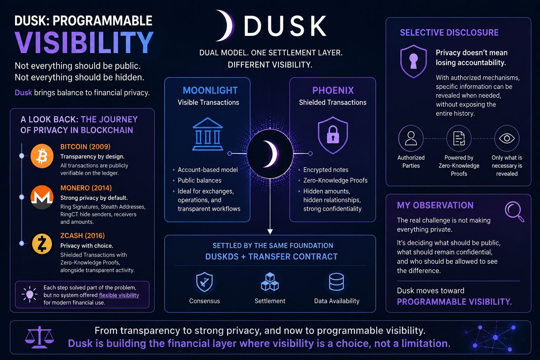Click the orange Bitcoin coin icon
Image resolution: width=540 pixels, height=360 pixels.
tap(42, 156)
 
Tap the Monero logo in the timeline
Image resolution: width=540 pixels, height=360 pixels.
tap(42, 197)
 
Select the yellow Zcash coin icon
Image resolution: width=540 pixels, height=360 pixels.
tap(42, 244)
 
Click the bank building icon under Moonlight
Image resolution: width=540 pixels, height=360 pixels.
tap(207, 134)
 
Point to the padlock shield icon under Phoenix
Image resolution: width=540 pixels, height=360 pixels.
tap(333, 135)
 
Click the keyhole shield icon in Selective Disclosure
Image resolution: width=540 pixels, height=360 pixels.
tap(413, 61)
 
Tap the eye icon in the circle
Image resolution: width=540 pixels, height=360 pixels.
tap(507, 138)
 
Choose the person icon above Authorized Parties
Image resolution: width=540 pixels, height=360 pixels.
tap(411, 138)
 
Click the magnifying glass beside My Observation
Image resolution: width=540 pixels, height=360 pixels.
tap(514, 212)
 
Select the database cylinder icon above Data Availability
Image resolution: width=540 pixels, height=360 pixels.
tap(336, 282)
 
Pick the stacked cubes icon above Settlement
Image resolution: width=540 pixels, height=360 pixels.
tap(270, 281)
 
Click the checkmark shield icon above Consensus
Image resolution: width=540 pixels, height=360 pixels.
tap(204, 282)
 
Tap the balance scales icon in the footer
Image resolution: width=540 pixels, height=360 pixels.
tap(39, 337)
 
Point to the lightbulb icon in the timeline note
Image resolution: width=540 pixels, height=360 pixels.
tap(30, 294)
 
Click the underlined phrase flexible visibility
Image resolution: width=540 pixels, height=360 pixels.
tap(119, 295)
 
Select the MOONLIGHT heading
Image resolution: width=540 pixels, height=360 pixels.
tap(210, 90)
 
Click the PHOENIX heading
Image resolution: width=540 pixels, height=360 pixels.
tap(333, 90)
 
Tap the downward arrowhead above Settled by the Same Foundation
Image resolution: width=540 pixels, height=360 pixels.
tap(270, 231)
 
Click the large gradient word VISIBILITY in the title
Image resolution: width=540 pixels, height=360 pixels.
tap(84, 43)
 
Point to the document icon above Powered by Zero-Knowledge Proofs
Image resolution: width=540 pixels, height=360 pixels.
tap(459, 138)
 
